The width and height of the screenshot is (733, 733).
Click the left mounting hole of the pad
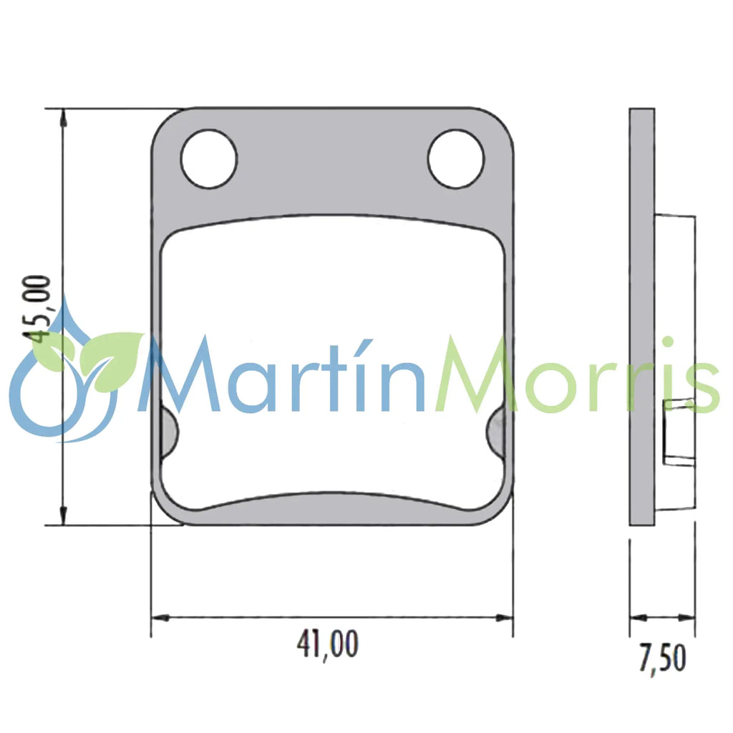208,159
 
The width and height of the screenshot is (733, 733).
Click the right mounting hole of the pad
455,159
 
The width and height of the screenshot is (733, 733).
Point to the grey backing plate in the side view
641,315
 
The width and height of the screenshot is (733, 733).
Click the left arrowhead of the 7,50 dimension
636,617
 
